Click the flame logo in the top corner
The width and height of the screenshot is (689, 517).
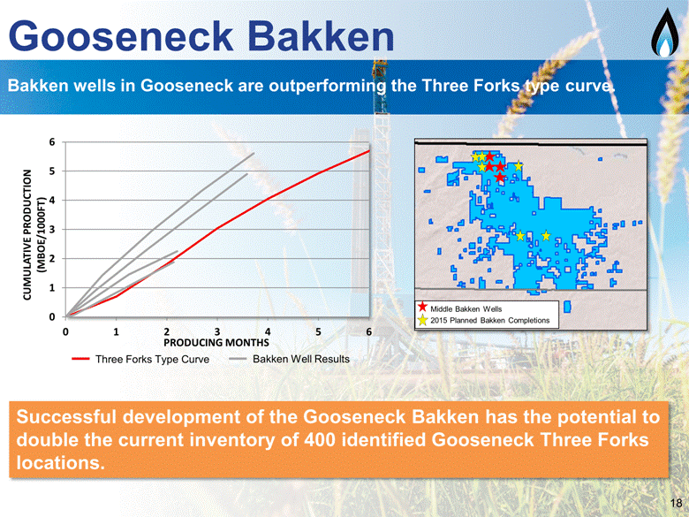(x=665, y=32)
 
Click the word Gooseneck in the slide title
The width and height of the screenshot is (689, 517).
(x=120, y=36)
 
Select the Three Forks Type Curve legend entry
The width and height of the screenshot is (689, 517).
(x=140, y=359)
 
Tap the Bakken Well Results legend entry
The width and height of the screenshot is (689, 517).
(x=290, y=359)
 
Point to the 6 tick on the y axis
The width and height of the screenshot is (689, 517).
(x=52, y=142)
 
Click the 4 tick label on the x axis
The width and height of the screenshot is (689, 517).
(x=268, y=331)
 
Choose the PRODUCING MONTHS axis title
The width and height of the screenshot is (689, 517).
(x=216, y=343)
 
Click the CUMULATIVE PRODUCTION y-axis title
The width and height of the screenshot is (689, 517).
(x=34, y=235)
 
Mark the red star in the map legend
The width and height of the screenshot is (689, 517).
(x=422, y=308)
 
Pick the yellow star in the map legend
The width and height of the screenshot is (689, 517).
(x=422, y=320)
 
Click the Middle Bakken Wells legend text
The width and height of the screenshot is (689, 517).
(x=466, y=309)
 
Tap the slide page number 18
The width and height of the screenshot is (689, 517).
(x=677, y=503)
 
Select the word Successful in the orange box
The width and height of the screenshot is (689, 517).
(x=66, y=417)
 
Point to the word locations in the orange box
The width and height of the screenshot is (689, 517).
(x=61, y=462)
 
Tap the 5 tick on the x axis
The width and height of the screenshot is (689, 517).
(x=318, y=331)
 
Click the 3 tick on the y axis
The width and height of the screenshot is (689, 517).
(x=52, y=230)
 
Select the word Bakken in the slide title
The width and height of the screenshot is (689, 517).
(x=321, y=36)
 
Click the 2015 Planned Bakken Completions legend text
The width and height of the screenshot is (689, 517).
(x=490, y=321)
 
